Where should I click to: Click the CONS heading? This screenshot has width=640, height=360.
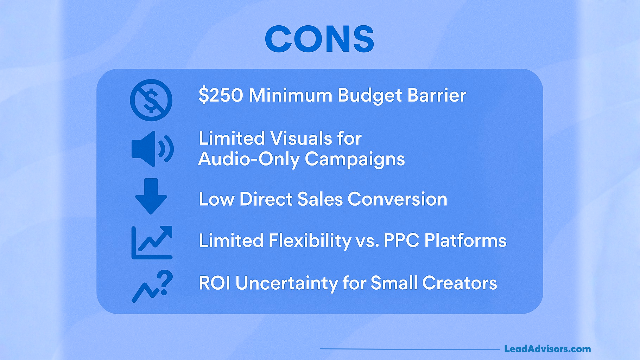(319, 39)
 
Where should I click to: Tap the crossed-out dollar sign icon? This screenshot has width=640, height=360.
(151, 100)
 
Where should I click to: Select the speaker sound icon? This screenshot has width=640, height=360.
(152, 149)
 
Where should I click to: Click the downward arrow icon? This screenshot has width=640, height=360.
(151, 196)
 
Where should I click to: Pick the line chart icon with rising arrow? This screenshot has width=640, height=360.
(152, 242)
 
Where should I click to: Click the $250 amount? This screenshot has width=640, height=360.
(221, 95)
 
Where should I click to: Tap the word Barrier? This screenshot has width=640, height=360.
(436, 95)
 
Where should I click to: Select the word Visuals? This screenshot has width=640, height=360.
(301, 138)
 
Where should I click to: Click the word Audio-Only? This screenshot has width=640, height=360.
(249, 159)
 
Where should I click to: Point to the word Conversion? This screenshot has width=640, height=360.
(397, 199)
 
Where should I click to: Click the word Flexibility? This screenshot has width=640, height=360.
(310, 241)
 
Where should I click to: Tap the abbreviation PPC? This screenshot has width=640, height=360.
(401, 240)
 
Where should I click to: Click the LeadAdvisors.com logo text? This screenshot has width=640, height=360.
(547, 349)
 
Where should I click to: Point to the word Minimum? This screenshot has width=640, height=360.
(290, 95)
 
